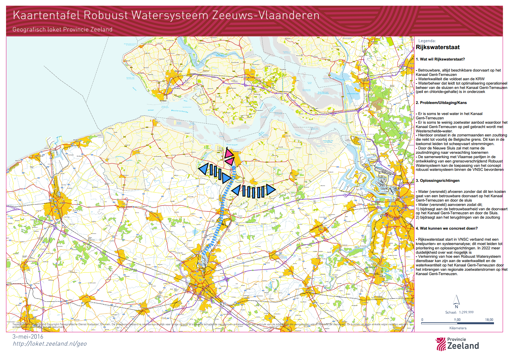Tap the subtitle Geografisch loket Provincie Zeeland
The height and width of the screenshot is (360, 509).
[x=62, y=29]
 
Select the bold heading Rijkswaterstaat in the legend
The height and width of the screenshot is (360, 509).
[x=438, y=47]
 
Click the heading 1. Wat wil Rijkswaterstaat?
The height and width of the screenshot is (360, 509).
[x=440, y=59]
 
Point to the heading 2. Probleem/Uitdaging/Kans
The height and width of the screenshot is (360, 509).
[x=441, y=103]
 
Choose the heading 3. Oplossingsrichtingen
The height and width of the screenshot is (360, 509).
[x=438, y=181]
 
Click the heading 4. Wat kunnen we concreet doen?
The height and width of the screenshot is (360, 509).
[x=447, y=228]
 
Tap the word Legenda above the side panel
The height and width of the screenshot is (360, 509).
[x=427, y=41]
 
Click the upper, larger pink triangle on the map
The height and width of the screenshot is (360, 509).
[x=229, y=153]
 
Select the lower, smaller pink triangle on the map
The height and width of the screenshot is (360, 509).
[x=230, y=161]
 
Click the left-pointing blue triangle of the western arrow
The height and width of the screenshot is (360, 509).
[x=203, y=169]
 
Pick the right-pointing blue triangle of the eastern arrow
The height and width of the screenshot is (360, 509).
[x=271, y=190]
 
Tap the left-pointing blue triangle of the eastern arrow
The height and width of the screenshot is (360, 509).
[x=236, y=190]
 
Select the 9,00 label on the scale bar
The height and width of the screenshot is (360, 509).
[x=457, y=320]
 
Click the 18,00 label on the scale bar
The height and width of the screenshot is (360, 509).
[x=489, y=320]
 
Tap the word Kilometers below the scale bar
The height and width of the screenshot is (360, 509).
[x=458, y=328]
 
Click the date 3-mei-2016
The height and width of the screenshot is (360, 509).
[x=28, y=337]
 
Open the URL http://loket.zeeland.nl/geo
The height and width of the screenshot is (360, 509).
[x=49, y=344]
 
